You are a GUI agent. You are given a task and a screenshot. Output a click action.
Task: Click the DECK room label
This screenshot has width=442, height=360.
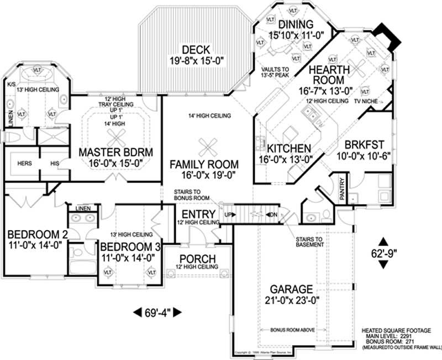(196, 50)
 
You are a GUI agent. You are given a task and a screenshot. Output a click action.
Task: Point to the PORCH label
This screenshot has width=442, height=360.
(198, 259)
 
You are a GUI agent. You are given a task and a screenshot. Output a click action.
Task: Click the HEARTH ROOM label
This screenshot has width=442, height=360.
(329, 76)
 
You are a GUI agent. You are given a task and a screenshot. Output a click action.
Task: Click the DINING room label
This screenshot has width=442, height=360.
(296, 24)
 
